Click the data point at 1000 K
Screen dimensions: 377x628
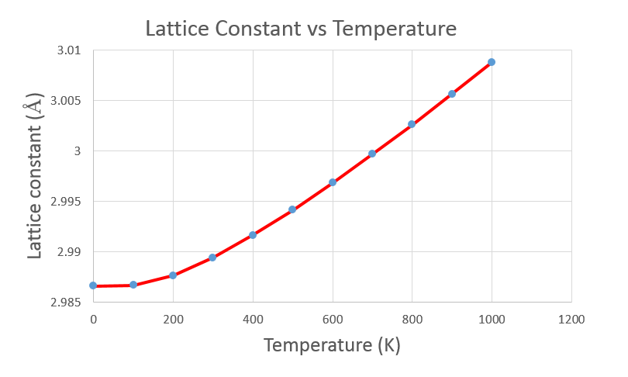click(492, 62)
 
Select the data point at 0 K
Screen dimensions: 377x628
click(93, 285)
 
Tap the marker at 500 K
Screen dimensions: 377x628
click(292, 209)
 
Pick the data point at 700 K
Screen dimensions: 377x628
click(372, 154)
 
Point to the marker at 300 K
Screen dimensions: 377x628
click(212, 258)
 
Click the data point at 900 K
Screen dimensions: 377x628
click(452, 94)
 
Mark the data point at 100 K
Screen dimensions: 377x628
click(133, 285)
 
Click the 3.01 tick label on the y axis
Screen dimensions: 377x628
click(70, 50)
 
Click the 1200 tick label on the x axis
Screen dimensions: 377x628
click(571, 318)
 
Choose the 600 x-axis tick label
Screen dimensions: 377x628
click(333, 318)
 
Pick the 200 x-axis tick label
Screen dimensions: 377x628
click(173, 318)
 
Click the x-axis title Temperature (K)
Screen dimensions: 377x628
click(332, 345)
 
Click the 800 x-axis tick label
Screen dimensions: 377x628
click(412, 318)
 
